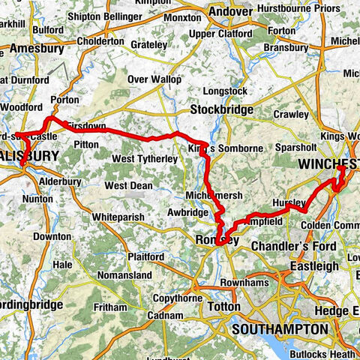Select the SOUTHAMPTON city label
(x=280, y=329)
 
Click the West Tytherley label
(x=145, y=159)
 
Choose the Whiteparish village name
(x=121, y=217)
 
